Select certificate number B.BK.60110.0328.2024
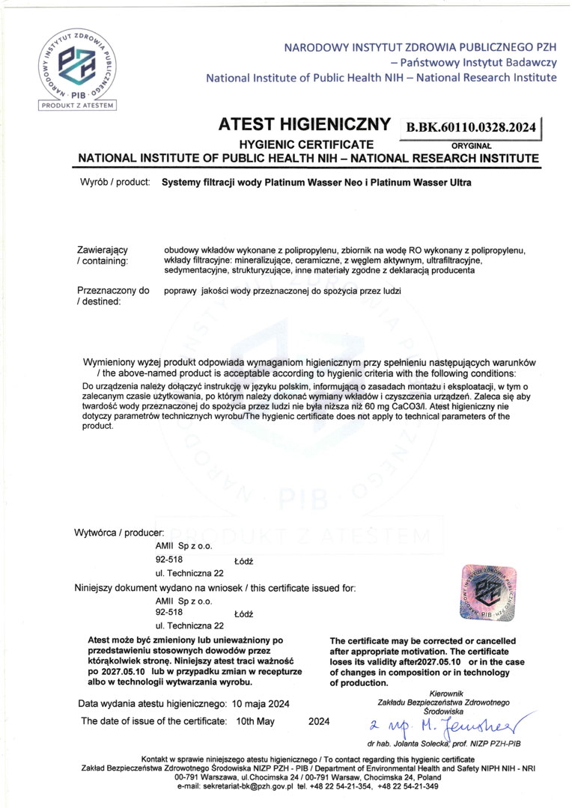click(471, 128)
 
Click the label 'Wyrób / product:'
click(114, 182)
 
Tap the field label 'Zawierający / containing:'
click(103, 254)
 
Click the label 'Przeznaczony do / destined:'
click(103, 295)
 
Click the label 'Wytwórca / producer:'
click(119, 532)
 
